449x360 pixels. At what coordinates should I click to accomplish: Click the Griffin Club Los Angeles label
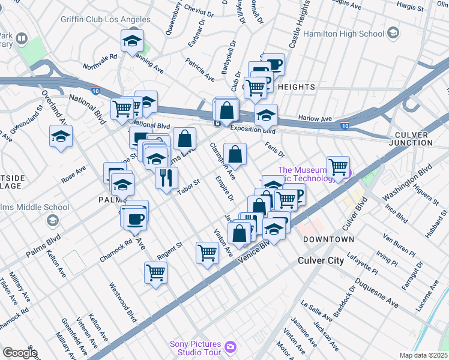(106, 19)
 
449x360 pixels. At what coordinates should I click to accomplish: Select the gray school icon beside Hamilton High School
(394, 31)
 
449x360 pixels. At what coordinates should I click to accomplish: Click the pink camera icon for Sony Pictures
(229, 347)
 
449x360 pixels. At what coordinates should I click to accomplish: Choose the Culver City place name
(321, 261)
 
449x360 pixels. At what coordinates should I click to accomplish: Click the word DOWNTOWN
(328, 239)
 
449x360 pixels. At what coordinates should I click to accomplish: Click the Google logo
(19, 353)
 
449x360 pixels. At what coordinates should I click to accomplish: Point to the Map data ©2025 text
(423, 355)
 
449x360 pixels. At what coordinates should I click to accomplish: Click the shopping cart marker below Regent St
(156, 273)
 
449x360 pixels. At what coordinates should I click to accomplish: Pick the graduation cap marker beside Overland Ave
(61, 136)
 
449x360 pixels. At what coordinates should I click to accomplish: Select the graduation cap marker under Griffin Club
(131, 41)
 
